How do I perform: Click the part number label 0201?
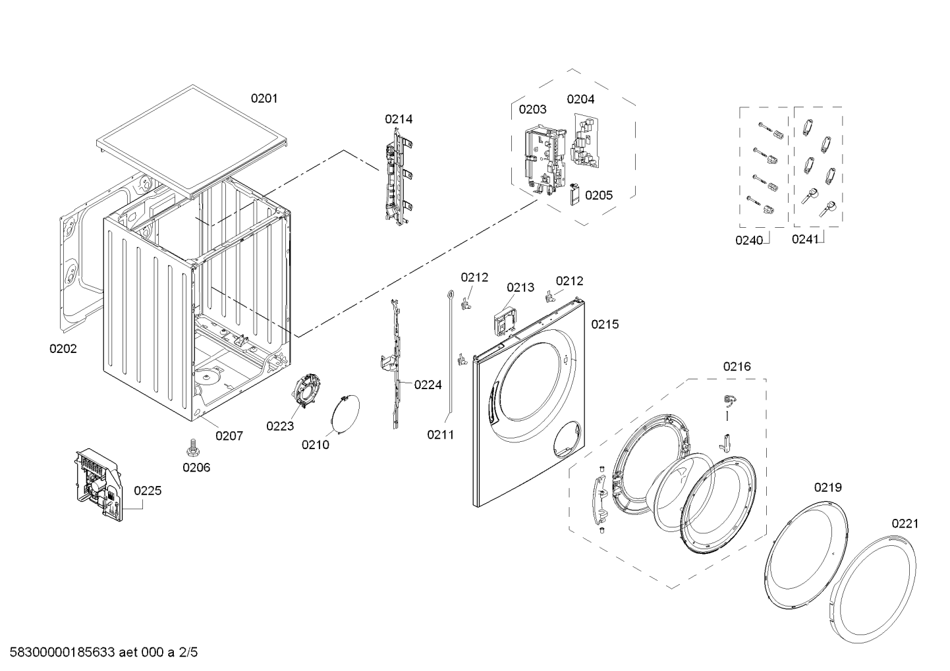(x=264, y=98)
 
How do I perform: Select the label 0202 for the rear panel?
(x=63, y=349)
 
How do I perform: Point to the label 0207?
(x=229, y=436)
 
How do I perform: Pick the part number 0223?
(x=280, y=426)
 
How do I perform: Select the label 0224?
(x=428, y=385)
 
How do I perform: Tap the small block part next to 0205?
(x=574, y=194)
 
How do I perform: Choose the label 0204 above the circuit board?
(x=580, y=99)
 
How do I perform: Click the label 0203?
(x=533, y=109)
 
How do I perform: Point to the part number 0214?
(x=399, y=119)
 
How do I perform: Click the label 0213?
(x=520, y=287)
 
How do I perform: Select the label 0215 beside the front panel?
(x=605, y=324)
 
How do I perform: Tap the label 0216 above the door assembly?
(x=737, y=366)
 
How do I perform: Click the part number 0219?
(x=828, y=487)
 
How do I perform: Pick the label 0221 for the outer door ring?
(x=905, y=524)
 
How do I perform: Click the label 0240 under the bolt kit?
(x=749, y=240)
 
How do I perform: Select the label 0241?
(x=805, y=239)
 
